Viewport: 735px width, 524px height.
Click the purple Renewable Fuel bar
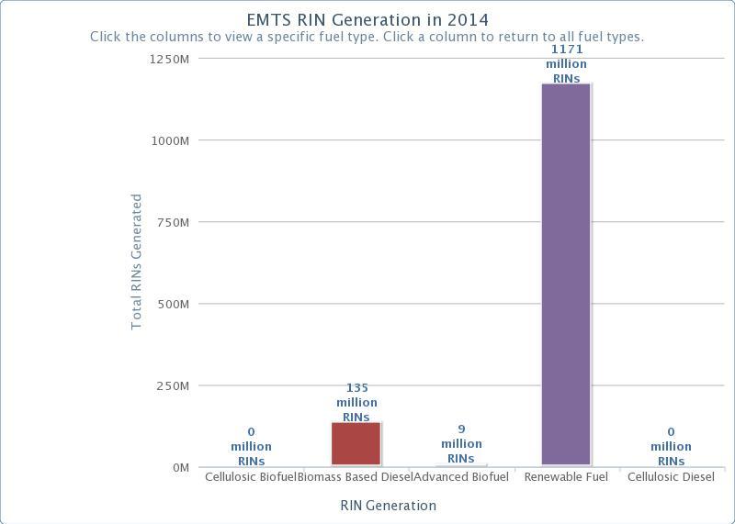(x=566, y=274)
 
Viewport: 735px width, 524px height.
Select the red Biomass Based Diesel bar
(x=356, y=444)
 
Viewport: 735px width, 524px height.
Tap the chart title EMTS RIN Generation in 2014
(x=367, y=19)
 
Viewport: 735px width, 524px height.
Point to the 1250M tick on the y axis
(x=170, y=59)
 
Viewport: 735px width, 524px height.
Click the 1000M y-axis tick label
(x=170, y=140)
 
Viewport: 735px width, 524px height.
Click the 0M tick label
(x=178, y=468)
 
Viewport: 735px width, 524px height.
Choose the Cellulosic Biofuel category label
(x=250, y=477)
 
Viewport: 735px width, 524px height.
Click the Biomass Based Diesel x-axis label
(x=355, y=477)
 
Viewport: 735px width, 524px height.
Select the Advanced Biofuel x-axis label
(x=461, y=477)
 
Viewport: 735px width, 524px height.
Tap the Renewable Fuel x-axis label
(x=566, y=477)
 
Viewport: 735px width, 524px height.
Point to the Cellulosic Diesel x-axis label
(x=671, y=477)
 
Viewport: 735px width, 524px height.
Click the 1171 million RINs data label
(x=566, y=64)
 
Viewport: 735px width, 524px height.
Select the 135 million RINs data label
(x=356, y=403)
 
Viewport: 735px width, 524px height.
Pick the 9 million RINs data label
(x=461, y=444)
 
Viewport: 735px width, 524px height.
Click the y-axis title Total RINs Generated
(x=137, y=262)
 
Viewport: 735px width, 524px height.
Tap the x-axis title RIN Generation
(x=388, y=506)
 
